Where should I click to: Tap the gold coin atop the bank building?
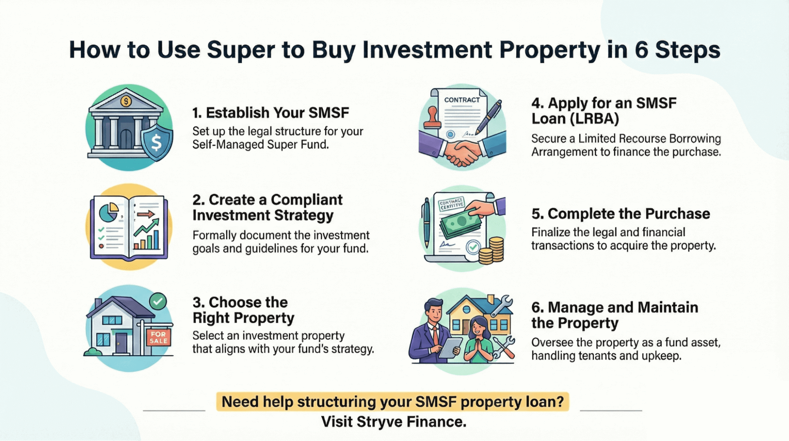tap(126, 102)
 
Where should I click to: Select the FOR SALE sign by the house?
tap(159, 337)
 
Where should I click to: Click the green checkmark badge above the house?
tap(158, 302)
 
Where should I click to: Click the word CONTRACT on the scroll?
tap(462, 100)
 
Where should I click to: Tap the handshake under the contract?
tap(461, 153)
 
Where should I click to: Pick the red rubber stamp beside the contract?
tap(432, 118)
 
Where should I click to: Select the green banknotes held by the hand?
tap(461, 223)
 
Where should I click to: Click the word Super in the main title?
tap(241, 50)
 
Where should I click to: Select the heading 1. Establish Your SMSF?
tap(271, 113)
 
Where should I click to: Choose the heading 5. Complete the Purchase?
tap(620, 214)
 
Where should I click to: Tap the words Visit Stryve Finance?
tap(394, 422)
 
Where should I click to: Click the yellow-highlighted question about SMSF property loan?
tap(393, 401)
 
